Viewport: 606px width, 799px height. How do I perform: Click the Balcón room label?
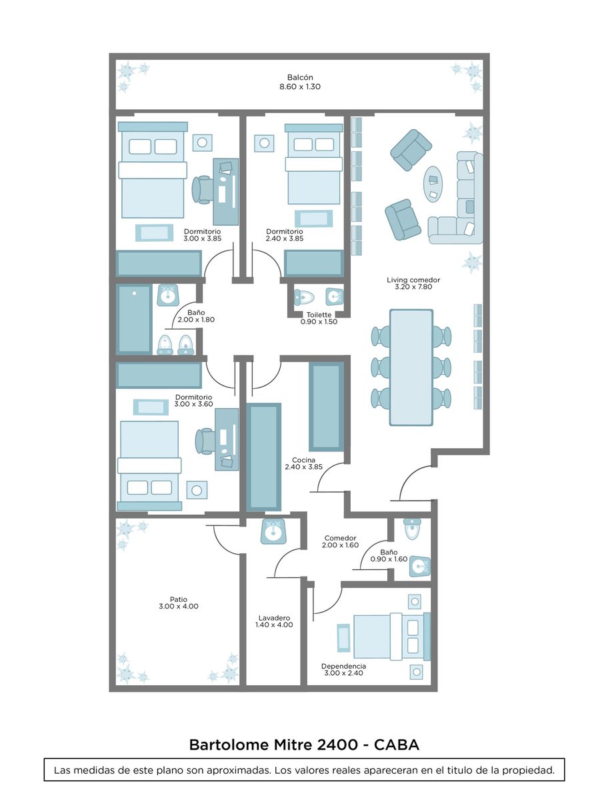tap(300, 77)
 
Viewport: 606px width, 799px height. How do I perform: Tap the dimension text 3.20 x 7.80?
tap(413, 287)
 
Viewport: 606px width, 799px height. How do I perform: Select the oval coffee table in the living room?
tap(434, 184)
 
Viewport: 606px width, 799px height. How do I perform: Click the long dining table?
tap(411, 368)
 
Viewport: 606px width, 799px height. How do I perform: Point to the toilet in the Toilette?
tap(304, 297)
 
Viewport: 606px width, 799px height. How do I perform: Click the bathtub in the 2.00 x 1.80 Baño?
tap(134, 319)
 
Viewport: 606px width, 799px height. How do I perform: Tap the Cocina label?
tap(303, 460)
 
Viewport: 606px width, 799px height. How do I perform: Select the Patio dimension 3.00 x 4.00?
tap(179, 607)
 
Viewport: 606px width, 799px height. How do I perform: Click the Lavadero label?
tap(274, 618)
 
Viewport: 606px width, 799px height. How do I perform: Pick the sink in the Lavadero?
tap(273, 532)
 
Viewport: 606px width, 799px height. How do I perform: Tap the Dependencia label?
tap(343, 666)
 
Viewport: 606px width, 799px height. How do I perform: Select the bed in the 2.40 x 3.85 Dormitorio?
tap(314, 164)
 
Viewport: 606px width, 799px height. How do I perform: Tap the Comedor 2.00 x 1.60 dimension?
tap(341, 545)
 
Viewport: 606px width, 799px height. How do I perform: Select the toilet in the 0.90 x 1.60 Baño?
tap(412, 528)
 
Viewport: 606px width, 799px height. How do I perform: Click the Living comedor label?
tap(413, 280)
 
